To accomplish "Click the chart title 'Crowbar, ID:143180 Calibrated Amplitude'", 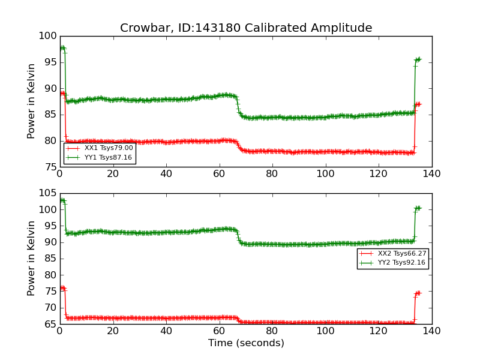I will tap(246, 28).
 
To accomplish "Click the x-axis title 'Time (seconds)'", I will tap(246, 343).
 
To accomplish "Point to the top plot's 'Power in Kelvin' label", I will tap(32, 101).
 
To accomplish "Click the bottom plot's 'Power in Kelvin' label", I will tap(32, 259).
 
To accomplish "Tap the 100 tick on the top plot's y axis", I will tap(47, 36).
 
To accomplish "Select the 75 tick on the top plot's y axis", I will tap(50, 167).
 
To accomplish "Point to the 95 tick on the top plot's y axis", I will tap(50, 62).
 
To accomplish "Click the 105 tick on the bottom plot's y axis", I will tap(47, 194).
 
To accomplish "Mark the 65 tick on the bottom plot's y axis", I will tap(50, 325).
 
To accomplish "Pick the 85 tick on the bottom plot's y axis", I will tap(50, 259).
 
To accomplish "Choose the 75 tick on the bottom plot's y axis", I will tap(50, 292).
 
